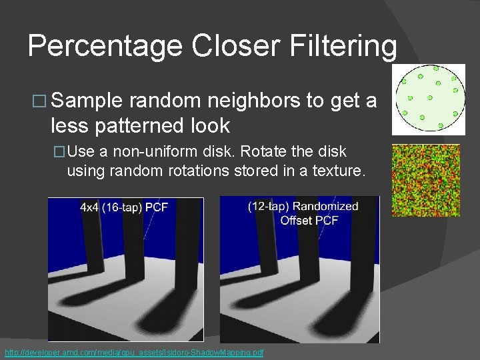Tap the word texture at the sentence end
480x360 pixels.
pyautogui.click(x=337, y=170)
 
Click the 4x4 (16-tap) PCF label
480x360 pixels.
pyautogui.click(x=124, y=207)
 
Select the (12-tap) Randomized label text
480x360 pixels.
pyautogui.click(x=303, y=207)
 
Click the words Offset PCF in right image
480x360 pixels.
pyautogui.click(x=309, y=220)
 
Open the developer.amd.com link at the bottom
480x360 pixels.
pyautogui.click(x=134, y=352)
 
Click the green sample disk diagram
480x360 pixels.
pyautogui.click(x=428, y=99)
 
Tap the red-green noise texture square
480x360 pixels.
pyautogui.click(x=426, y=180)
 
